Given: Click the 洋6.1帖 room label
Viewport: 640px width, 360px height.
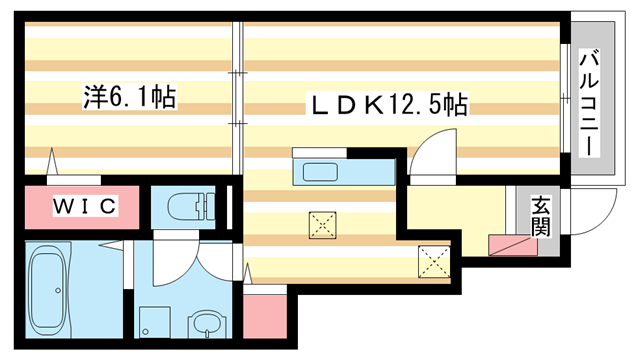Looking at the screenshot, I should (129, 98).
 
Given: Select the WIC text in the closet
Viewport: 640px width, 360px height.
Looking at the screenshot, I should (85, 207).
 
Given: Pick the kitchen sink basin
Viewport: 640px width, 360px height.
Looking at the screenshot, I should (319, 169).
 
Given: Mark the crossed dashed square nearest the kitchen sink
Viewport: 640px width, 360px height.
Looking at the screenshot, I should (322, 225).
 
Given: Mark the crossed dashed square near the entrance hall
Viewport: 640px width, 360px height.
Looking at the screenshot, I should (434, 262).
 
